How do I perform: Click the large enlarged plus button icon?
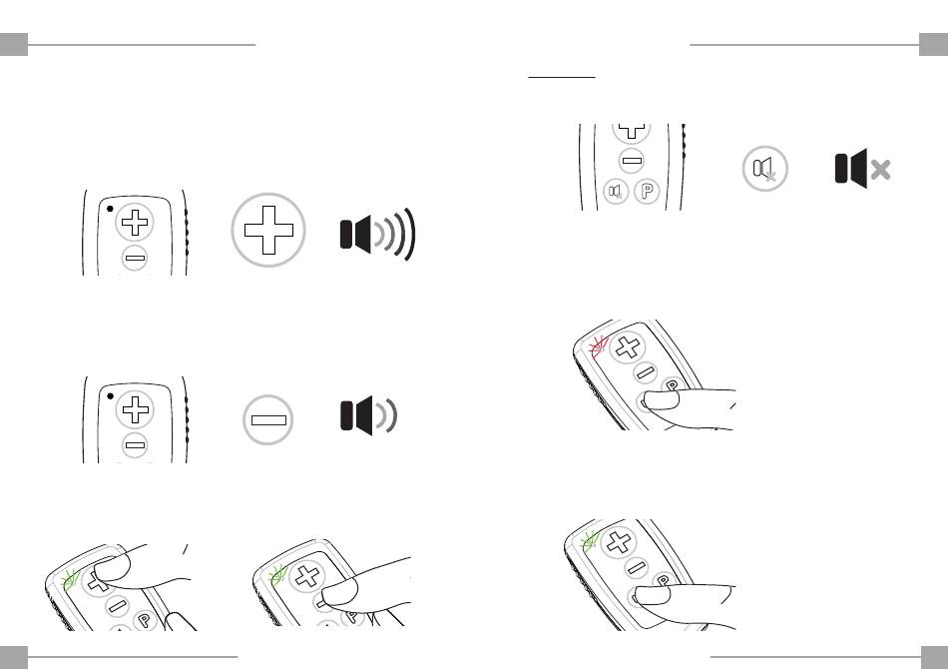[x=268, y=230]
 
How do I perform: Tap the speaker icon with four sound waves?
[x=378, y=234]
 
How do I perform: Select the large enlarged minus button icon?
[x=267, y=419]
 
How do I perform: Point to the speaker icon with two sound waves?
[x=369, y=416]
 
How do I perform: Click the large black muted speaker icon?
[x=863, y=168]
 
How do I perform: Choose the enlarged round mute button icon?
[x=764, y=168]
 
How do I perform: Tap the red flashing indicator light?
[x=598, y=346]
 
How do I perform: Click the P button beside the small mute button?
[x=647, y=192]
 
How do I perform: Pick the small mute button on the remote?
[x=616, y=192]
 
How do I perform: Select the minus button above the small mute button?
[x=632, y=161]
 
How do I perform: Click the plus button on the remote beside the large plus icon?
[x=135, y=222]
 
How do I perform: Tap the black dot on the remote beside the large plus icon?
[x=110, y=210]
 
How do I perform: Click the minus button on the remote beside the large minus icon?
[x=135, y=445]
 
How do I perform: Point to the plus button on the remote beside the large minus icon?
[x=135, y=409]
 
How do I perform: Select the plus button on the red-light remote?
[x=628, y=347]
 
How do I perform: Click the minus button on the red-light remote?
[x=645, y=371]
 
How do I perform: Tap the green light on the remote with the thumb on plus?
[x=71, y=581]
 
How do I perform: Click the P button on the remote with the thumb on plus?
[x=144, y=619]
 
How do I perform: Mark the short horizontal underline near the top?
[x=562, y=78]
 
